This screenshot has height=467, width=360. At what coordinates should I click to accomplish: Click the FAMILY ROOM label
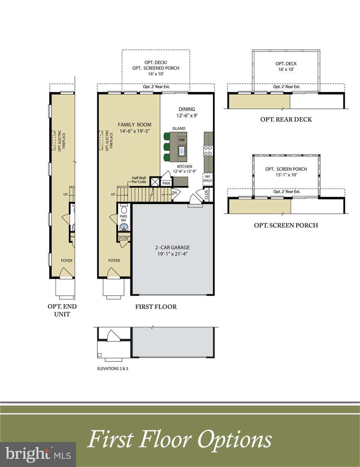pyautogui.click(x=135, y=125)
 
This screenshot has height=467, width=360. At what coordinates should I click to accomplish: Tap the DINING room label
pyautogui.click(x=187, y=109)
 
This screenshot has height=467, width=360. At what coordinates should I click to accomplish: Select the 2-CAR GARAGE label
pyautogui.click(x=172, y=247)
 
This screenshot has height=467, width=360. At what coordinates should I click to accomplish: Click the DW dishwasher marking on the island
pyautogui.click(x=182, y=140)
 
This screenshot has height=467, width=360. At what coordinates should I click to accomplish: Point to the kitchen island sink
pyautogui.click(x=182, y=151)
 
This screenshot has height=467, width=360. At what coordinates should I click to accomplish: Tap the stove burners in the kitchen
pyautogui.click(x=208, y=150)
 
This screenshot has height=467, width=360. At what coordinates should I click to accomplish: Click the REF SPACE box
pyautogui.click(x=207, y=179)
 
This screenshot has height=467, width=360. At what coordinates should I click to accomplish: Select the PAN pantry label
pyautogui.click(x=166, y=183)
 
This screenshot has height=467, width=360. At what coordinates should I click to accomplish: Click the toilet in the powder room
pyautogui.click(x=124, y=209)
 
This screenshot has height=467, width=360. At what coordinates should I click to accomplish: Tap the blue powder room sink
pyautogui.click(x=123, y=227)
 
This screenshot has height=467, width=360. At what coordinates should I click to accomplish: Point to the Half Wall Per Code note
pyautogui.click(x=139, y=180)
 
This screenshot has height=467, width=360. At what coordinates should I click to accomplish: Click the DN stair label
pyautogui.click(x=174, y=193)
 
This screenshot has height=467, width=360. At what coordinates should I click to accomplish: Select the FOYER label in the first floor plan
pyautogui.click(x=114, y=260)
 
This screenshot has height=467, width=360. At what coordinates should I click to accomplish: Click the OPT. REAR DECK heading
pyautogui.click(x=286, y=120)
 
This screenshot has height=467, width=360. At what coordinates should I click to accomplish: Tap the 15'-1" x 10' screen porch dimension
pyautogui.click(x=286, y=175)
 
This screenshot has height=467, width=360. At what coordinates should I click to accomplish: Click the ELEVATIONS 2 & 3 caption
pyautogui.click(x=112, y=368)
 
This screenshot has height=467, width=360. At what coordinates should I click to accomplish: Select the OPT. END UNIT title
pyautogui.click(x=62, y=310)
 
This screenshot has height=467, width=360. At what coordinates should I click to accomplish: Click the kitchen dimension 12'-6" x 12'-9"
pyautogui.click(x=185, y=171)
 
